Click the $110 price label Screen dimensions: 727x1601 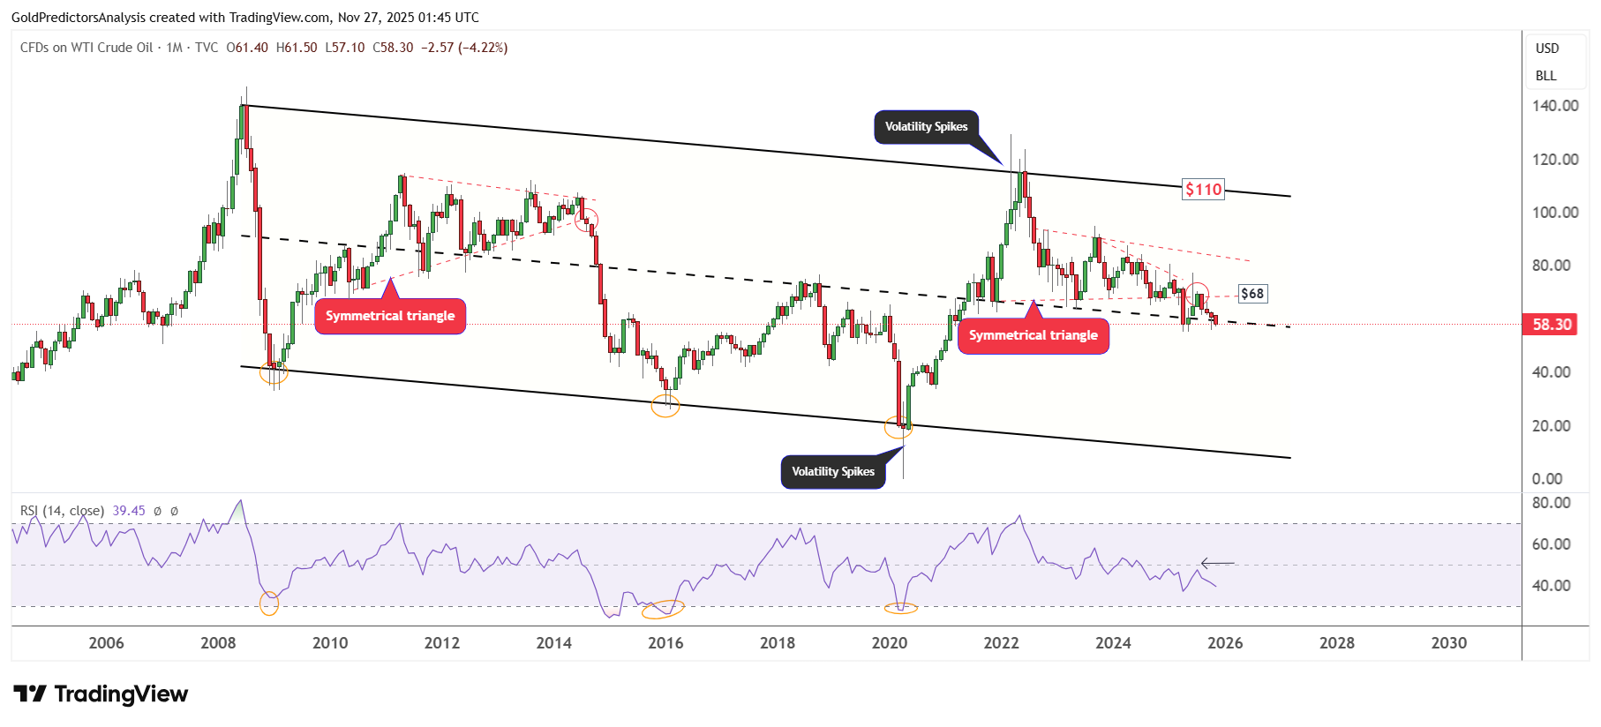1203,190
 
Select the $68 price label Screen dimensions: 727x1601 1252,294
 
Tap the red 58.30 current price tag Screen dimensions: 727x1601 1552,325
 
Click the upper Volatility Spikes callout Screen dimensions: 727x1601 926,127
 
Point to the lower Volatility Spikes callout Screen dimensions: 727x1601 832,472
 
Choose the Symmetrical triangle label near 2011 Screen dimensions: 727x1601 390,316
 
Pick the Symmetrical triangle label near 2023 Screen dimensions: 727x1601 1033,335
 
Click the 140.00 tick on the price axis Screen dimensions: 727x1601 1555,106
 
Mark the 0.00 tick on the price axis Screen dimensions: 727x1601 1547,479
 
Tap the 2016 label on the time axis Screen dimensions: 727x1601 665,643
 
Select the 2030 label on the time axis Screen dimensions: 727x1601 1448,643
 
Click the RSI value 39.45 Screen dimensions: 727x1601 129,511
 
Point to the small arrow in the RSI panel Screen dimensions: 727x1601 1217,563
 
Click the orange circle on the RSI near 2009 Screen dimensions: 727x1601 269,603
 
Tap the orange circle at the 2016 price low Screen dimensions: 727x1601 665,406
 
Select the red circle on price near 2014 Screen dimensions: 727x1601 587,220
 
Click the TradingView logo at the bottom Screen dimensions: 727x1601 101,694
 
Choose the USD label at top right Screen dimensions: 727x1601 1547,49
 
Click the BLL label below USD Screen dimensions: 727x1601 1545,76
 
